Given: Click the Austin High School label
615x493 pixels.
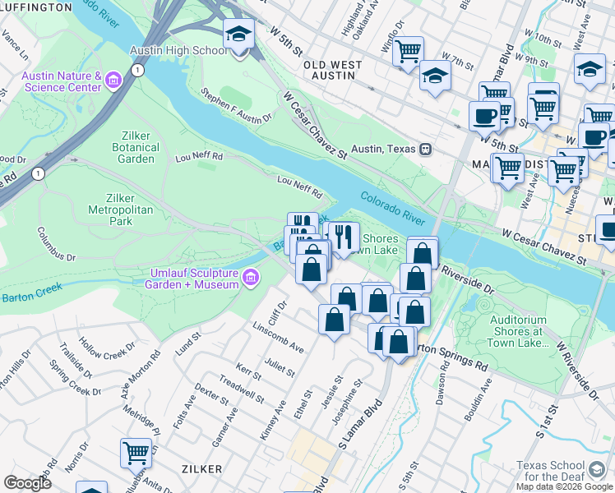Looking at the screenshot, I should coord(178,51).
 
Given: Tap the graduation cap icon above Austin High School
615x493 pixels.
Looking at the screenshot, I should coord(238,35).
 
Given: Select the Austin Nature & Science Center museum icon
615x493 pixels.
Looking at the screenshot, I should coord(113,81).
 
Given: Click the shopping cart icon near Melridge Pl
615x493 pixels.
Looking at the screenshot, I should coord(136,452).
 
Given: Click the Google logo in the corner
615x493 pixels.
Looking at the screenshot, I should coord(27,483).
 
